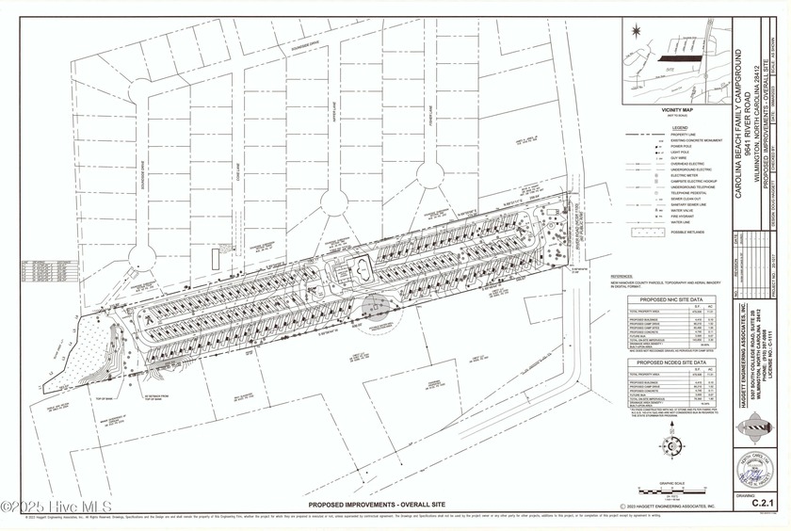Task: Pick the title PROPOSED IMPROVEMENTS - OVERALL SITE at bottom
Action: click(x=378, y=506)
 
